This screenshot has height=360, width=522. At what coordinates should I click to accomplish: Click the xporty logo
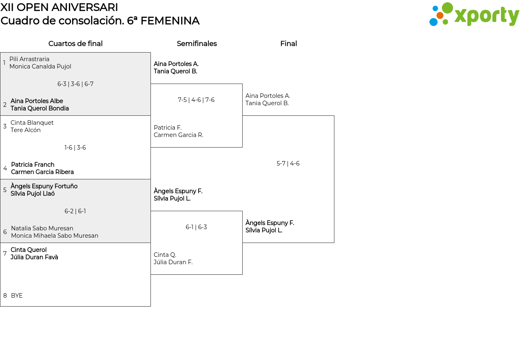[x=474, y=14]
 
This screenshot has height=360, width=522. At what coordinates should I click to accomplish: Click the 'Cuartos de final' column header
[x=75, y=44]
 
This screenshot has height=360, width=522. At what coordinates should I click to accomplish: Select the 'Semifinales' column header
[x=197, y=44]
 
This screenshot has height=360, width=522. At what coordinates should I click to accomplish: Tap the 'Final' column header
[x=288, y=44]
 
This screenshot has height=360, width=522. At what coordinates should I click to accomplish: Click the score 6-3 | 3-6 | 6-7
[x=75, y=84]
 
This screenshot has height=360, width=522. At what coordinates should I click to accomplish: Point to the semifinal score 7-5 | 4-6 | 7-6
[x=196, y=100]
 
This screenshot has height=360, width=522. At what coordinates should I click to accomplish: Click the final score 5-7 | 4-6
[x=288, y=163]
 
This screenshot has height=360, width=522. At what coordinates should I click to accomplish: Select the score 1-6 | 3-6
[x=75, y=148]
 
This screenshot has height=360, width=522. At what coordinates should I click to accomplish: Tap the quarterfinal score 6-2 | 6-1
[x=75, y=211]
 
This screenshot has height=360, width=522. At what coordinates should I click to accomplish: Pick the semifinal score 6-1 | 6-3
[x=196, y=227]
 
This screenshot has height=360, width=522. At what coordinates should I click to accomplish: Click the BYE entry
[x=17, y=296]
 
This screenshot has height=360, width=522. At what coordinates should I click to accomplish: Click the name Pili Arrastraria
[x=29, y=59]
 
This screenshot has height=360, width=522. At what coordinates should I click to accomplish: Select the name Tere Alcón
[x=26, y=130]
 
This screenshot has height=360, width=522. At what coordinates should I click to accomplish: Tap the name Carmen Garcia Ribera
[x=42, y=172]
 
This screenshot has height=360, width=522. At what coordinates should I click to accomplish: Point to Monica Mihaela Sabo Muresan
[x=55, y=236]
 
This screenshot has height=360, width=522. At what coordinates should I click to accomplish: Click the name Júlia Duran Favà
[x=34, y=257]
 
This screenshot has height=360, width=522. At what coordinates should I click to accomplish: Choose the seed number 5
[x=4, y=190]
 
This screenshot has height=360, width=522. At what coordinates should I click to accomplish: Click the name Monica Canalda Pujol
[x=40, y=66]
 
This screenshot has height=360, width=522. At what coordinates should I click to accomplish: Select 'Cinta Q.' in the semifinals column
[x=165, y=255]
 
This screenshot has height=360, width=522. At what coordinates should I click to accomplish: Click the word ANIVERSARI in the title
[x=84, y=7]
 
